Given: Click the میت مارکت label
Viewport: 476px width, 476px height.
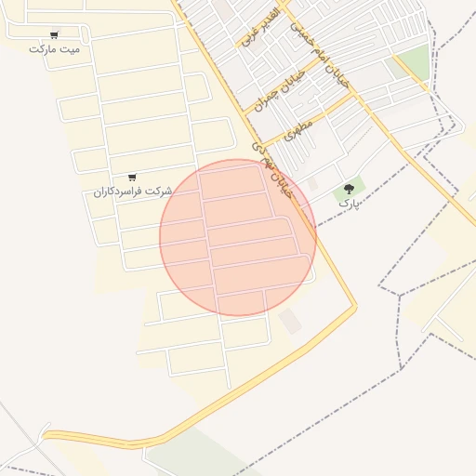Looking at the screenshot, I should [x=55, y=48].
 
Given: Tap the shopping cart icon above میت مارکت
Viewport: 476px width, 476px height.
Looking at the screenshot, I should [x=55, y=35].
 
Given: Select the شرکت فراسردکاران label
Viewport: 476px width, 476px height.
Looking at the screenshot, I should [x=133, y=191].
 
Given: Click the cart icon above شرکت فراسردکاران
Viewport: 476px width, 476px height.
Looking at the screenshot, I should [x=132, y=177].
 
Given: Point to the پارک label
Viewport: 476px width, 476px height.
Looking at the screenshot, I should [x=348, y=202].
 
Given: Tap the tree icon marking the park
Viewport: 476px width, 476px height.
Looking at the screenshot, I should [x=350, y=189].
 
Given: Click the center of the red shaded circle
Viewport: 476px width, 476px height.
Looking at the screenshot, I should [x=238, y=237].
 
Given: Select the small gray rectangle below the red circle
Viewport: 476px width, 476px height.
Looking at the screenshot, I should [x=290, y=322].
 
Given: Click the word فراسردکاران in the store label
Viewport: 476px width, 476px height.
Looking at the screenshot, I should [x=121, y=191].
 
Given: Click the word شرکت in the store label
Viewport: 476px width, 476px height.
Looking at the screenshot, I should [x=160, y=191].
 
